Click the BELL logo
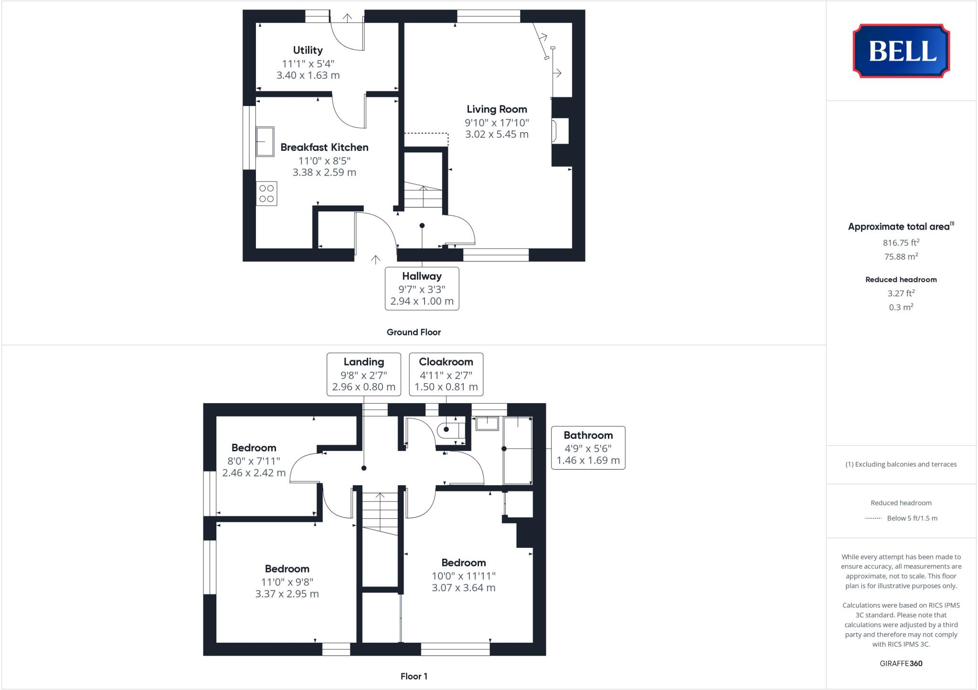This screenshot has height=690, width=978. [901, 51]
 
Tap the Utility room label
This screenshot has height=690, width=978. [308, 50]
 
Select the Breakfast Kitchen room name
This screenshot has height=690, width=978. [324, 147]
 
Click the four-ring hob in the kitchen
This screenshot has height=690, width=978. [266, 194]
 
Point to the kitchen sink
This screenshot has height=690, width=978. [265, 141]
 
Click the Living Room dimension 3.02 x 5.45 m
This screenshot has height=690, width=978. [497, 135]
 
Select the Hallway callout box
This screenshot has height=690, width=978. [422, 289]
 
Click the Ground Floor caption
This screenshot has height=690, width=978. [414, 332]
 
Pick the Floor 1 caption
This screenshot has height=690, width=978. [414, 676]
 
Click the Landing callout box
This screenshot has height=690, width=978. [363, 374]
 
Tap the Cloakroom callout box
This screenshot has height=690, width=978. [446, 374]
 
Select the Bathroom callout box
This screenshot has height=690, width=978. [588, 448]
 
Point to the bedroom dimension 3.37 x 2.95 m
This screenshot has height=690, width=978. [287, 594]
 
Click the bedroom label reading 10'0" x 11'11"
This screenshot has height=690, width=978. [463, 576]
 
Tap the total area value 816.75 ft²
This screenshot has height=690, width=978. [901, 242]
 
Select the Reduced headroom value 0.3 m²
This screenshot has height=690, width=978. [901, 307]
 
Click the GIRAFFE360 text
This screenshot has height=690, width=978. [901, 663]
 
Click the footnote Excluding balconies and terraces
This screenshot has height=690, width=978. [901, 464]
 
